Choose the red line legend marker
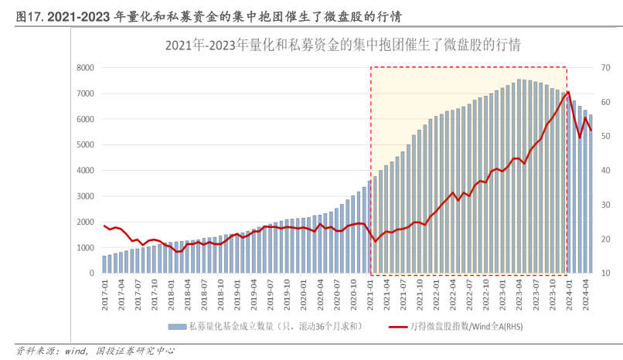click(x=398, y=327)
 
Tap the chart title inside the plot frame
click(x=342, y=45)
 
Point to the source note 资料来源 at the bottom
click(x=35, y=351)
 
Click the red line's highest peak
click(x=569, y=92)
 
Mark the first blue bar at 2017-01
click(x=105, y=264)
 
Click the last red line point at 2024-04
click(x=591, y=130)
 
